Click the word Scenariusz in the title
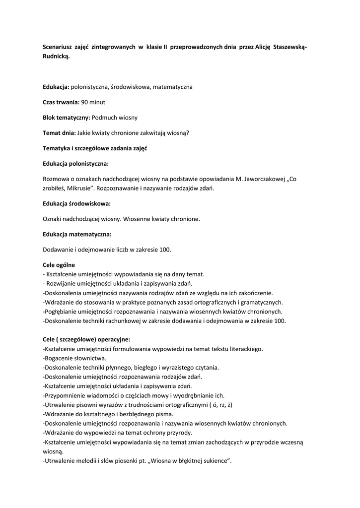pos(59,47)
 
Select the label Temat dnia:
pos(59,133)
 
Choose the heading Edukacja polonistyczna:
pos(75,163)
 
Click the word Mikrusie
pos(77,189)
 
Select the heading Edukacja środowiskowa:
pos(76,203)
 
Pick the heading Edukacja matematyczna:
pos(77,234)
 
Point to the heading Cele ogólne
pos(59,265)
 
